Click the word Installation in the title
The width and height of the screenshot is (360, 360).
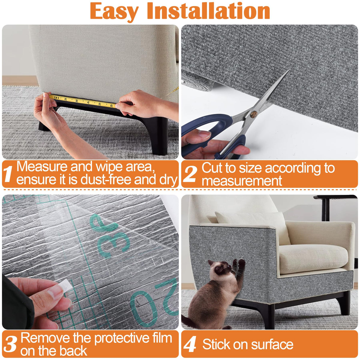click(x=208, y=10)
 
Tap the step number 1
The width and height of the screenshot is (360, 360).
click(x=8, y=174)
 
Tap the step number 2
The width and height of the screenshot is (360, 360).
click(x=190, y=174)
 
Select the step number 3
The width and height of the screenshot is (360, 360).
click(x=10, y=344)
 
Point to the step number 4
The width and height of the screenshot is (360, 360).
click(x=190, y=343)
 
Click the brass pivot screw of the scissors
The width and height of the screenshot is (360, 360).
click(x=253, y=114)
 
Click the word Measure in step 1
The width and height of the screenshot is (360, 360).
click(x=42, y=166)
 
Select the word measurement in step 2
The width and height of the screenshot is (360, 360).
click(x=241, y=181)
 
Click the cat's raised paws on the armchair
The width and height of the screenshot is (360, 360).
click(x=238, y=263)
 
